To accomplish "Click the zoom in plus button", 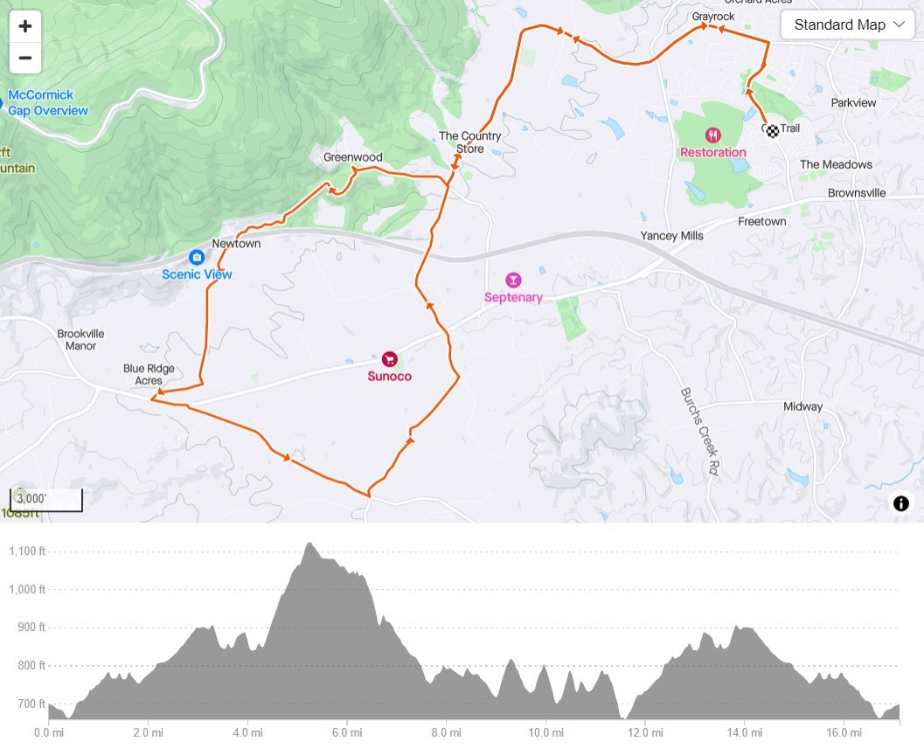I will pos(25,26).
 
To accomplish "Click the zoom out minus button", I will pos(25,59).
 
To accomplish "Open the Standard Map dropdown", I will pos(847,24).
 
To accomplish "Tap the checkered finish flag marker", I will pos(772,131).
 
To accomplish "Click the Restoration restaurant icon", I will pos(714,135).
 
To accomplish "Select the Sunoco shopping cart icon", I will pos(390,358).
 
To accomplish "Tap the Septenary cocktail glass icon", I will pos(513,280).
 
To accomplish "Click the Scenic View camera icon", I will pos(197,257).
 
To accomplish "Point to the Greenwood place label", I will pos(353,157).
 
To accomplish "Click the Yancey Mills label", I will pos(671,236).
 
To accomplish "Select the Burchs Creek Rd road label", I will pos(698,431).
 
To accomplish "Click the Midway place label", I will pos(802,406).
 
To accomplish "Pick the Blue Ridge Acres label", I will pos(149,375).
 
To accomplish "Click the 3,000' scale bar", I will pos(46,499).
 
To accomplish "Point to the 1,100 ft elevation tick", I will pos(26,551).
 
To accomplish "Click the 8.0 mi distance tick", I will pos(446,731).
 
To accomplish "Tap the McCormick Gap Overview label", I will pos(48,103).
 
